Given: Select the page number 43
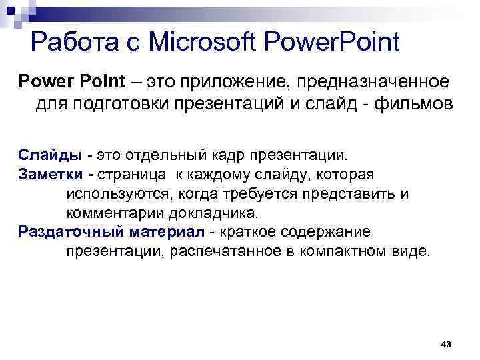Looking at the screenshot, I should [446, 343].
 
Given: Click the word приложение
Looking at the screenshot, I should [253, 83].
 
